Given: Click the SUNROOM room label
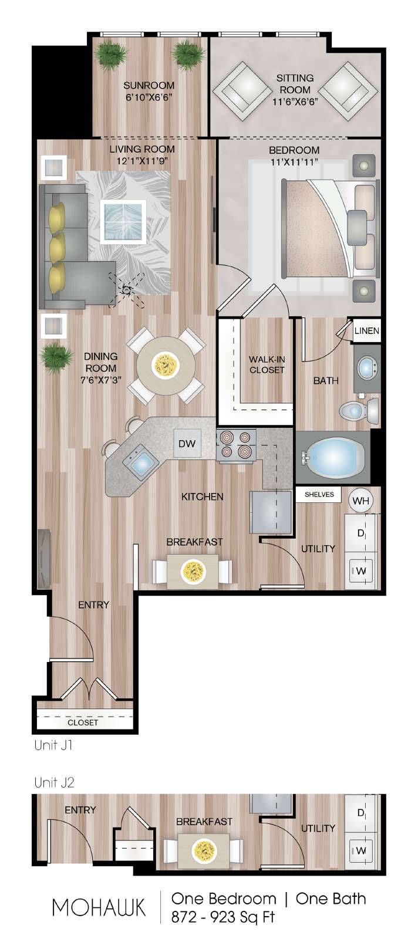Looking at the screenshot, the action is click(149, 86).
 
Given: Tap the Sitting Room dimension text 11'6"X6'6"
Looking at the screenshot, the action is click(295, 102).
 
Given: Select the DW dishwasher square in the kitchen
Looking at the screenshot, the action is click(187, 444).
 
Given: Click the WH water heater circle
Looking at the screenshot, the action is click(361, 501).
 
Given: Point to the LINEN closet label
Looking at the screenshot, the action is click(367, 331).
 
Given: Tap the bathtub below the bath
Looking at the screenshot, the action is click(334, 458).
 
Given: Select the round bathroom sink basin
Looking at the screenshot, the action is click(368, 369).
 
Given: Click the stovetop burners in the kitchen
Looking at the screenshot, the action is click(236, 445).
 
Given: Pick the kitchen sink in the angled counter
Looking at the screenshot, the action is click(141, 463).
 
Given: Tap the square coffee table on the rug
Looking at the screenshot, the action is click(123, 221).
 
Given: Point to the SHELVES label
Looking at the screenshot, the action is click(319, 495).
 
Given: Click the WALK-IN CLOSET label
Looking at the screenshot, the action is click(267, 364).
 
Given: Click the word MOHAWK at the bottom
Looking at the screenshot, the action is click(99, 907).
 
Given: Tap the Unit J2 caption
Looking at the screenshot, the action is click(54, 782).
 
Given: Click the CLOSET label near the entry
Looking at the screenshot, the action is click(83, 722).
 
